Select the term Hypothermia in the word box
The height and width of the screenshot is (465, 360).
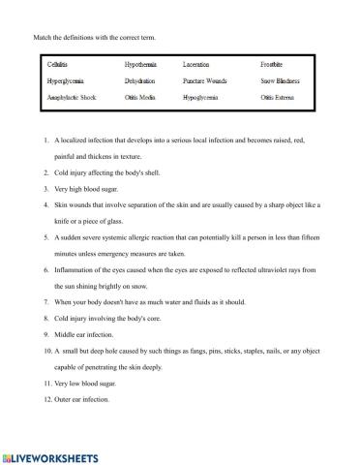pyautogui.click(x=142, y=63)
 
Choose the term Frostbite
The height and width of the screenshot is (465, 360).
pyautogui.click(x=273, y=63)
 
